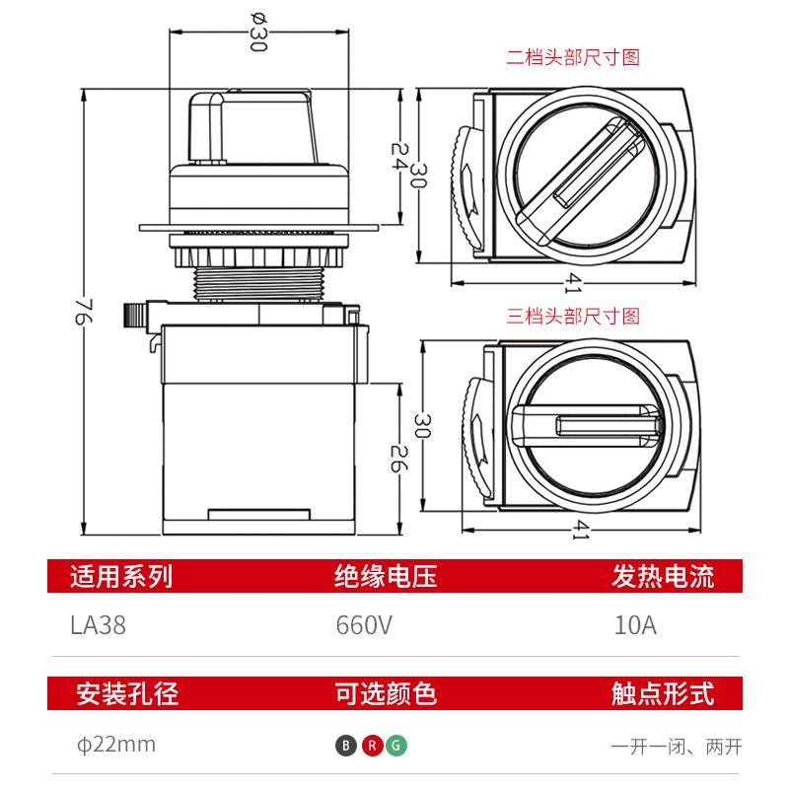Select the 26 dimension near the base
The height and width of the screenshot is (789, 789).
(x=397, y=458)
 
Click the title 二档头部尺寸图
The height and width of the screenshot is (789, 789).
(x=573, y=57)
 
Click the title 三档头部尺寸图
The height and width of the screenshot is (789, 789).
(x=573, y=317)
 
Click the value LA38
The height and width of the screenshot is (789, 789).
(x=98, y=626)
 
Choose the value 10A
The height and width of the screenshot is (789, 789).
(x=634, y=626)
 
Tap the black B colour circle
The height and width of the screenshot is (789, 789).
(x=345, y=746)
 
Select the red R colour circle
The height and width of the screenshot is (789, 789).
(x=371, y=746)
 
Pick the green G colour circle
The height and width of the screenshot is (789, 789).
(x=396, y=746)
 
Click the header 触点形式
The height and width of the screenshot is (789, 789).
(x=663, y=694)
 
